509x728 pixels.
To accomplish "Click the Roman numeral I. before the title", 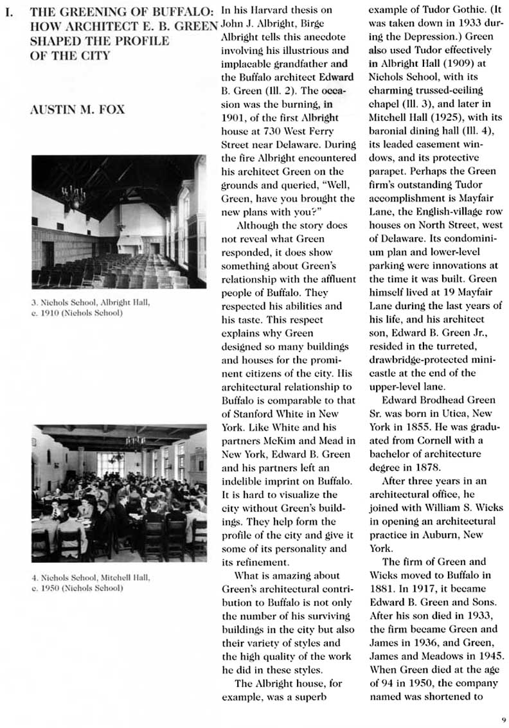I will click(9, 12).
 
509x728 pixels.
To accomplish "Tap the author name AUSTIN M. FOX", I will click(77, 109).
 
